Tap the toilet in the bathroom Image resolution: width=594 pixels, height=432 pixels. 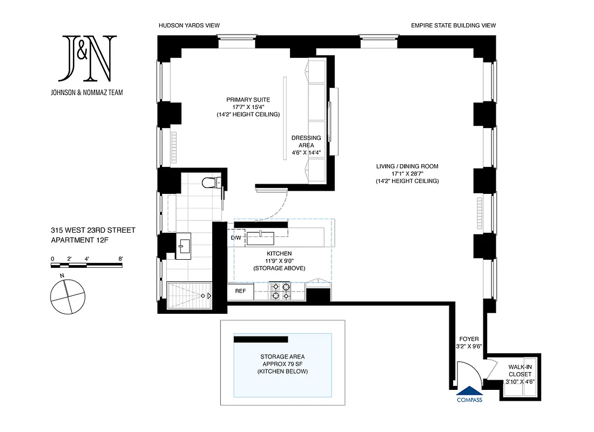click(209, 183)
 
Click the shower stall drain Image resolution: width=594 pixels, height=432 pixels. click(204, 296)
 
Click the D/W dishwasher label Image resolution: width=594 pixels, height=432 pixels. click(237, 238)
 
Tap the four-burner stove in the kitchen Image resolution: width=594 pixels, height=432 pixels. click(280, 291)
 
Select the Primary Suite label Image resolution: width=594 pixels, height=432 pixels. click(248, 107)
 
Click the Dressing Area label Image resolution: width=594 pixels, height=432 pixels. click(306, 145)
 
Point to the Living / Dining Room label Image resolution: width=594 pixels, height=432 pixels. click(407, 173)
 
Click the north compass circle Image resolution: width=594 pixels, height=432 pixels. click(68, 298)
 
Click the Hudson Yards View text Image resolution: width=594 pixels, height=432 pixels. click(189, 25)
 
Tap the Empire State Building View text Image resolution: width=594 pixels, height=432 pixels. click(453, 25)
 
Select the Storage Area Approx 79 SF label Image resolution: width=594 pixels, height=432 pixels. click(282, 364)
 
